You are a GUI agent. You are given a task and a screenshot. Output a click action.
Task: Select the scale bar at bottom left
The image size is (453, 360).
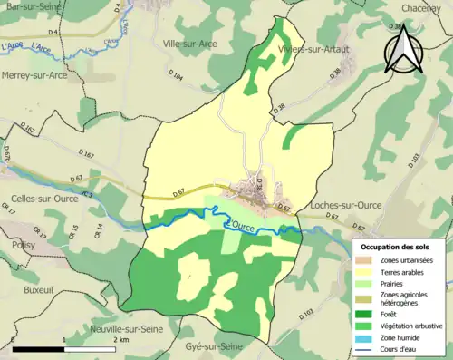coord(63,347)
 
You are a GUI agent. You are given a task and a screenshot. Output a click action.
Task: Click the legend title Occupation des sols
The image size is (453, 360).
coord(398,247)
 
